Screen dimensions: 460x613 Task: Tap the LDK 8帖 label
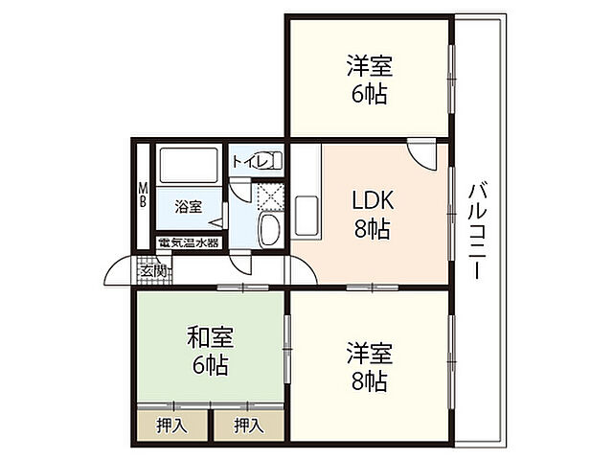coord(372,215)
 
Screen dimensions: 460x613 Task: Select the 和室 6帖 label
coord(209,351)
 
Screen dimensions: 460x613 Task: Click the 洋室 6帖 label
coord(370,80)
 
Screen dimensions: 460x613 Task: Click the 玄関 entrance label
coord(153,271)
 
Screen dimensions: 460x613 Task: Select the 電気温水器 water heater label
coord(189,242)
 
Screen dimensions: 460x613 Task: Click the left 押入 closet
coord(172,423)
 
